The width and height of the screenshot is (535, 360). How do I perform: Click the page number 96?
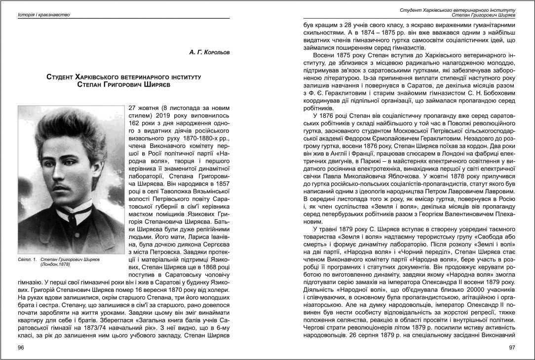coord(21,348)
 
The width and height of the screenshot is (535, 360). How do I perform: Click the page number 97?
coord(512,348)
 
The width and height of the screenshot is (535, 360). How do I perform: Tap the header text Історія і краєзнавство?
coord(44,15)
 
